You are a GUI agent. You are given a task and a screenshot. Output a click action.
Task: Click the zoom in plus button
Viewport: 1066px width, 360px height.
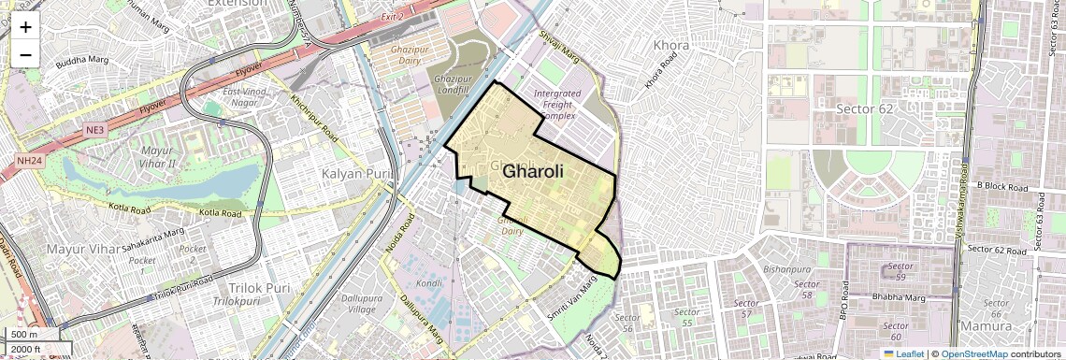coord(25,27)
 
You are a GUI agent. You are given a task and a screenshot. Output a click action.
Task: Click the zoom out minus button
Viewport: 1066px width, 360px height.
coord(25,54)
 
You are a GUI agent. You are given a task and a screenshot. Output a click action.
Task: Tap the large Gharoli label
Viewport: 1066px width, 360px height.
coord(533,172)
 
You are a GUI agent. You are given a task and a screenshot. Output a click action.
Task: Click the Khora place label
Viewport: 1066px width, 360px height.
coord(670,45)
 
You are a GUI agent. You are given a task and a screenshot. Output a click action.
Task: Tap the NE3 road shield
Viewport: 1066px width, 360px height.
coord(96,128)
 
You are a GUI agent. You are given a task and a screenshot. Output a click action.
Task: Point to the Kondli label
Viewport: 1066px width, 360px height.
coord(429,283)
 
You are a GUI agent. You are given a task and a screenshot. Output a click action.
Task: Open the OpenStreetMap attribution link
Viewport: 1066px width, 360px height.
coord(973,353)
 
